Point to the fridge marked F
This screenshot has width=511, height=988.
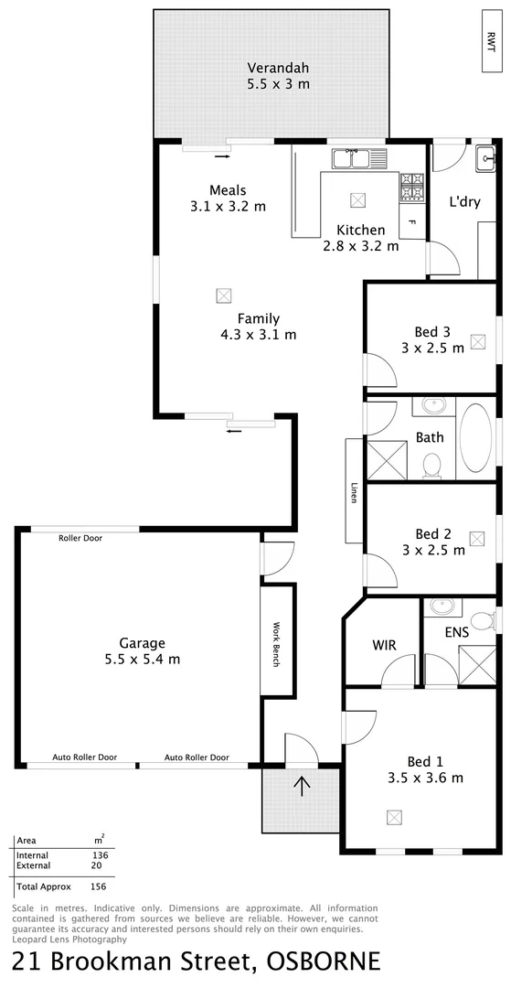412,222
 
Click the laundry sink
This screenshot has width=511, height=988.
484,156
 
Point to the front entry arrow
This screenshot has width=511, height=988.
301,784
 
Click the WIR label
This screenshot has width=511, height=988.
385,645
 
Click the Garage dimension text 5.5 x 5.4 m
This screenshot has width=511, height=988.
143,659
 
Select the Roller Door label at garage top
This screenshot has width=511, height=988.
80,538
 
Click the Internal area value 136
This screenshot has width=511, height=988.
100,855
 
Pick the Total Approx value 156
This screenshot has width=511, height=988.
100,886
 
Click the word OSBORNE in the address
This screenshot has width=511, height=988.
323,962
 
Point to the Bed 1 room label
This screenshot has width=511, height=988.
425,760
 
